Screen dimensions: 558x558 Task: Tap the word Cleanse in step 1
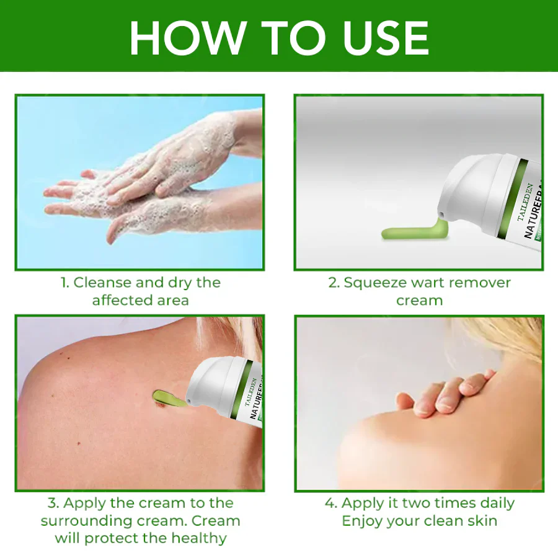pyautogui.click(x=101, y=283)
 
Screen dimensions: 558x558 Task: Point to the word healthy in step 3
pyautogui.click(x=198, y=538)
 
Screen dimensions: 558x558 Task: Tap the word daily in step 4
pyautogui.click(x=495, y=503)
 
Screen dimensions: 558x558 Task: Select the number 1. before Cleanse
pyautogui.click(x=64, y=283)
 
